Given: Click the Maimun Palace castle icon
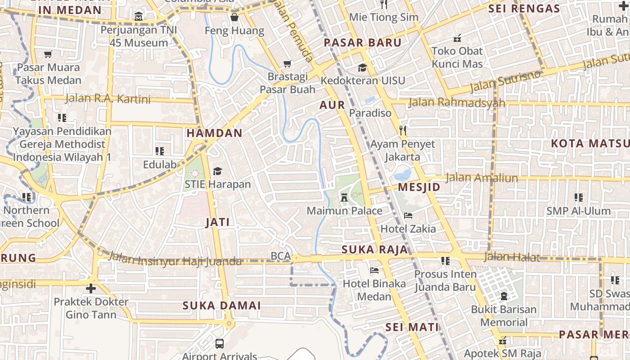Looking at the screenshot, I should [344, 197].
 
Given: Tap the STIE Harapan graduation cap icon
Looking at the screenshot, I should [218, 171].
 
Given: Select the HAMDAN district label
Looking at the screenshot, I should [214, 133].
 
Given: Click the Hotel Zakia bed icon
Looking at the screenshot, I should [408, 216].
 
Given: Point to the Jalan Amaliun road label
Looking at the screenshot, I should [481, 178].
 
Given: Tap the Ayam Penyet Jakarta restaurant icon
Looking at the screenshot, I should [403, 131].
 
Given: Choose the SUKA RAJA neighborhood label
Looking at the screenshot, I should [374, 250].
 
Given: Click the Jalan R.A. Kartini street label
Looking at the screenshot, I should [108, 99].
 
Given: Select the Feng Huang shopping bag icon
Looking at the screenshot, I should [234, 18].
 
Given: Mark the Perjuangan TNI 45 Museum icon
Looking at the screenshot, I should [139, 17].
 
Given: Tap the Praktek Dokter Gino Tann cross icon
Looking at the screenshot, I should [91, 288].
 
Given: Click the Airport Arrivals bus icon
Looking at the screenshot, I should [220, 344].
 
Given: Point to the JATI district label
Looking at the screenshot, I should [218, 222].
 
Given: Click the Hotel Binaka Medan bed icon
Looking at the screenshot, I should [374, 270].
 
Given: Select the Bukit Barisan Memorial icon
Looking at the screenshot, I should [504, 296].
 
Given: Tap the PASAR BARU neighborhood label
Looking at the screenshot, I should [363, 43].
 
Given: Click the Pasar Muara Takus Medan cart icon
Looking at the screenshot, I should [48, 54].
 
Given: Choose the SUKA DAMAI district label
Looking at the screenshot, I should [221, 306].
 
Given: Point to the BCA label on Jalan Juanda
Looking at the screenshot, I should [281, 256].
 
